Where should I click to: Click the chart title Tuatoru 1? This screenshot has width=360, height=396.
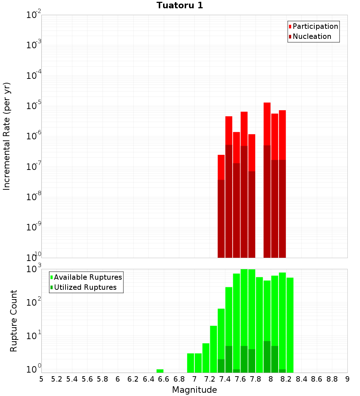tap(180, 6)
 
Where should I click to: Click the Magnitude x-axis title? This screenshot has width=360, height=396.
tap(194, 390)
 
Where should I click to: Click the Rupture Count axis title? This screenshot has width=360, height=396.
tap(14, 321)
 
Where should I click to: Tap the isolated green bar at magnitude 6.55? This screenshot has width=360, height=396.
tap(160, 371)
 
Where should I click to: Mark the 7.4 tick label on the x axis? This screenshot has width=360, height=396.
tap(225, 379)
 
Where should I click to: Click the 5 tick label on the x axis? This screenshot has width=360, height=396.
tap(41, 379)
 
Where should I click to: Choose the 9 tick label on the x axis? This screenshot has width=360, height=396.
tap(347, 379)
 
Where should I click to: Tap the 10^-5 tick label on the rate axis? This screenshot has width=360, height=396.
tap(33, 106)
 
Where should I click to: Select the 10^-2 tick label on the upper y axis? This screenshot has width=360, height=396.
tap(33, 15)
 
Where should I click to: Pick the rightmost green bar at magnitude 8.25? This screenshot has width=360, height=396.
tap(290, 324)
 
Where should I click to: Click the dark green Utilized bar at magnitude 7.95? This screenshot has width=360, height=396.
tap(267, 356)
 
